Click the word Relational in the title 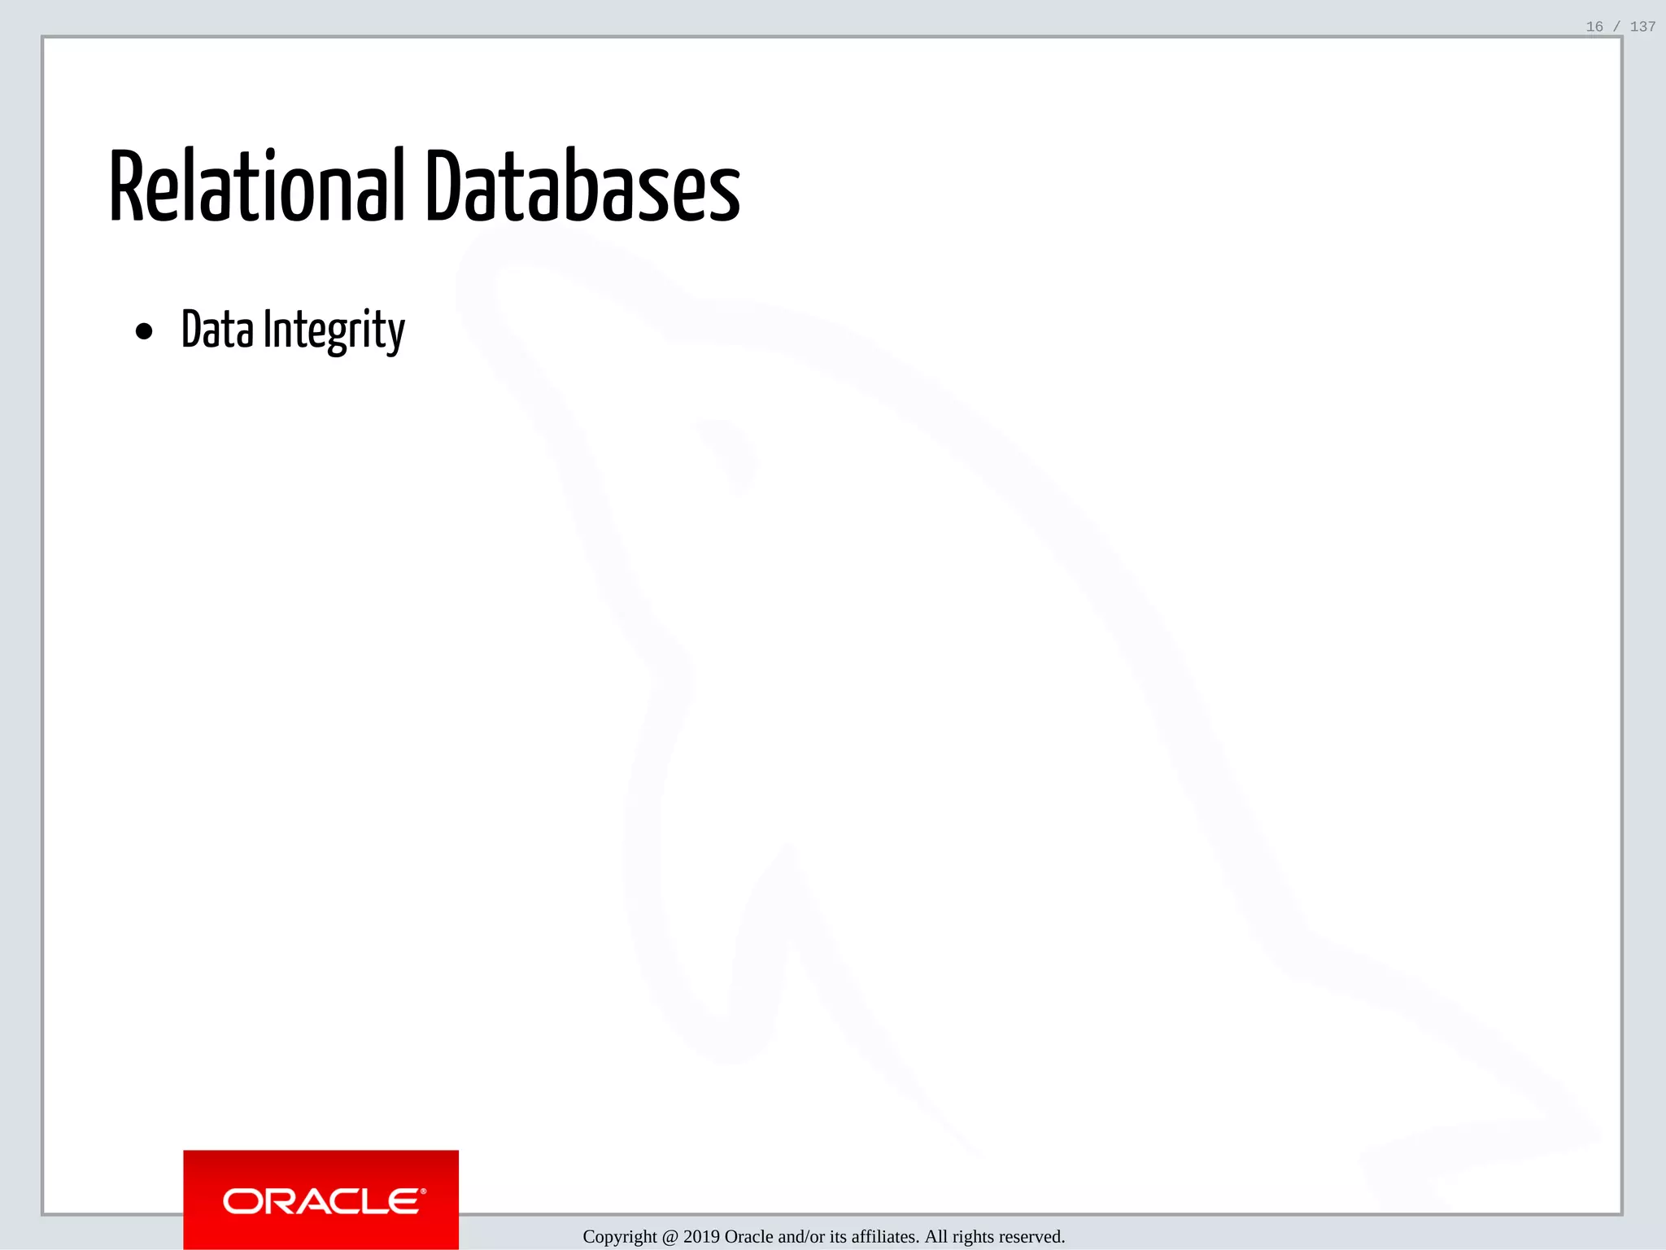256,187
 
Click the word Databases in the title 582,187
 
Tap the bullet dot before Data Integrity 144,331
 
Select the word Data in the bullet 217,330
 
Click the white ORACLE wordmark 321,1201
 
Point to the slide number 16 1594,27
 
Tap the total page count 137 1642,27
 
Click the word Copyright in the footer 620,1237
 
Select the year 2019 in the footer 701,1237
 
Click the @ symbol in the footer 670,1237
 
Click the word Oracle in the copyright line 749,1237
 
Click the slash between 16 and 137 1616,27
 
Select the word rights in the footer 973,1237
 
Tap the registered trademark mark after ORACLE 423,1191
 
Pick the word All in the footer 936,1237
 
